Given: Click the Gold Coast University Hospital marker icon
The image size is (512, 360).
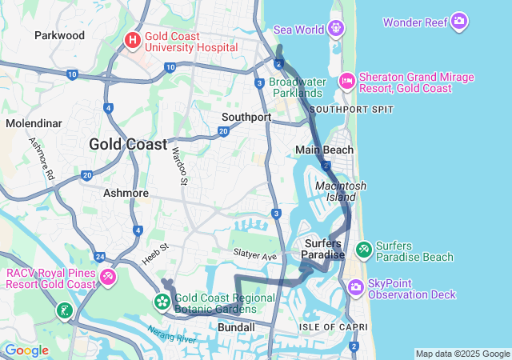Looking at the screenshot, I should [133, 38].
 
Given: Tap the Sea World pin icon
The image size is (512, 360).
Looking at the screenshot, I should [337, 29].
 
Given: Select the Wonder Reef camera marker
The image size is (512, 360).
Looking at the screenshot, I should [459, 21].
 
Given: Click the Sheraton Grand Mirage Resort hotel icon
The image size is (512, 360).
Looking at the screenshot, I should [347, 80].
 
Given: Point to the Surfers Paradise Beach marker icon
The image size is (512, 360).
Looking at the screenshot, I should [364, 250].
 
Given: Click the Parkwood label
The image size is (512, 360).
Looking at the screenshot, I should [59, 35].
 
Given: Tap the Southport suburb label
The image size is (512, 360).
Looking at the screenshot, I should [246, 117].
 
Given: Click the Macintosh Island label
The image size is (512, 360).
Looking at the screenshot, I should [341, 191].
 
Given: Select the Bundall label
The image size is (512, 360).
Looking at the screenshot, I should [236, 327].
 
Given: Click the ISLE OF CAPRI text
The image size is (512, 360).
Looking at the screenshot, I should [334, 326].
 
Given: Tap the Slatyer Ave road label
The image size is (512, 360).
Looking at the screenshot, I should [254, 254].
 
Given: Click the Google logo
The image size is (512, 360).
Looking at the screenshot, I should [26, 350].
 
